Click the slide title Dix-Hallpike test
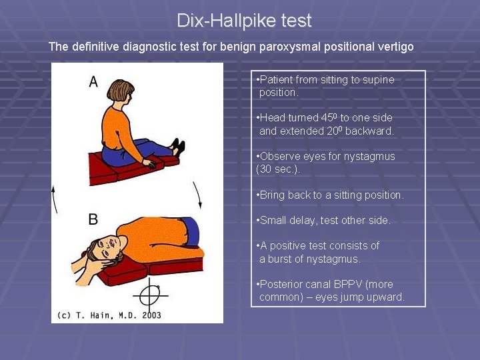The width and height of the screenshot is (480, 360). tap(244, 21)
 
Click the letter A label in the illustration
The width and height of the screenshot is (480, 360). tap(93, 81)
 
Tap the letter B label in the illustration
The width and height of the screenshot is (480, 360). tap(93, 219)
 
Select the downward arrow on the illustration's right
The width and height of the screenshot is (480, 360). tap(198, 195)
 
